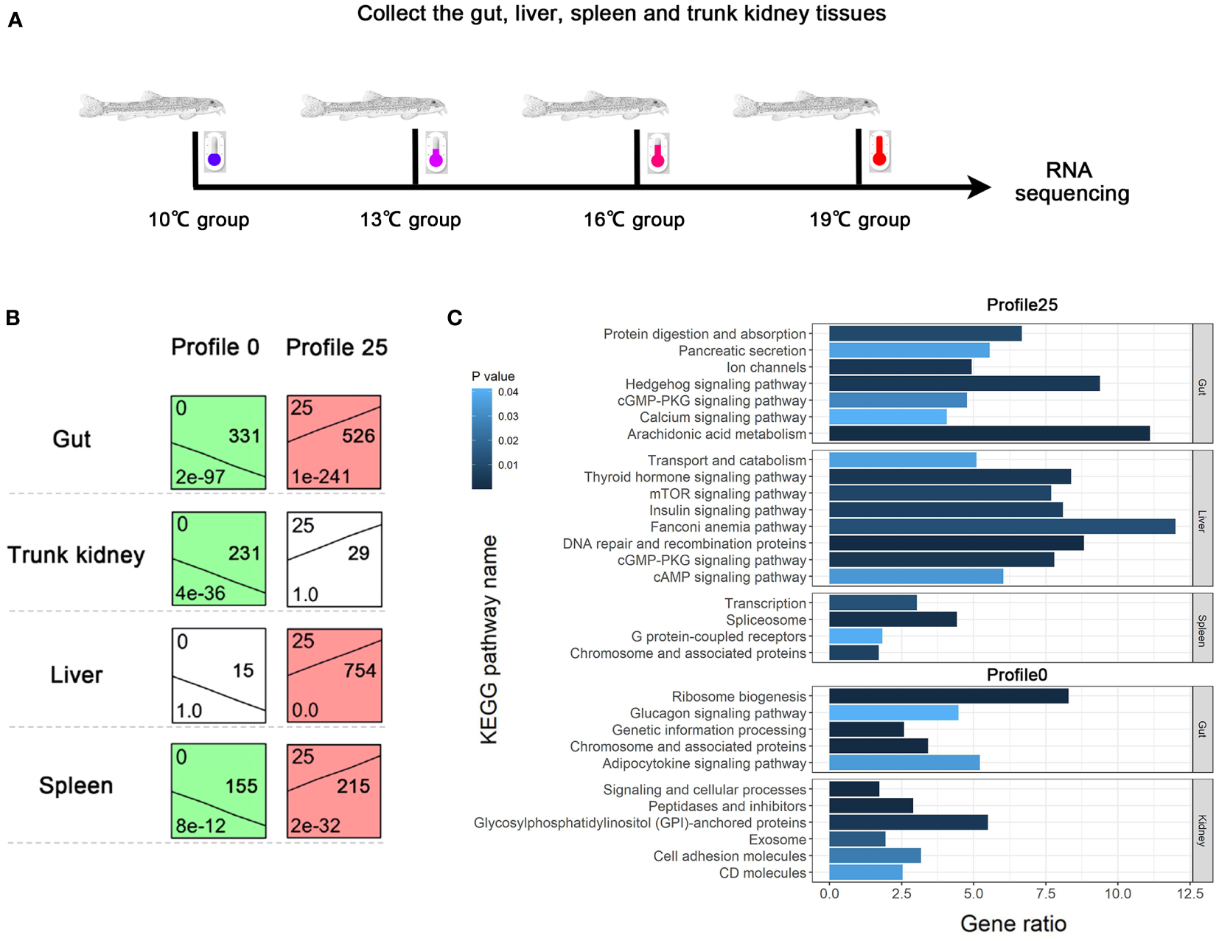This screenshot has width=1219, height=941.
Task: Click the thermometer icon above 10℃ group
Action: coord(214,152)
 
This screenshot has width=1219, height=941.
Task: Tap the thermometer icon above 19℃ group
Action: coord(879,151)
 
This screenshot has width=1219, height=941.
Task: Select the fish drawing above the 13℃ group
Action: coord(373,106)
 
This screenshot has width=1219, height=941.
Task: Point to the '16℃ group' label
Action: coord(634,220)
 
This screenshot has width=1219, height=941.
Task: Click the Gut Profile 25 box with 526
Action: coord(334,442)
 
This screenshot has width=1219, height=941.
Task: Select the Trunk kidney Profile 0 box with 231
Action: coord(218,558)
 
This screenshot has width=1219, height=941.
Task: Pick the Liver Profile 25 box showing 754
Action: coord(335,675)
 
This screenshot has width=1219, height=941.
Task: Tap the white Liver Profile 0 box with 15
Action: coord(218,675)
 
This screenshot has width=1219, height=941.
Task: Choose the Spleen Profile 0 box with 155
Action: coord(218,791)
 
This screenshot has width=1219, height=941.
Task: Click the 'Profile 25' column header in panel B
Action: coord(336,347)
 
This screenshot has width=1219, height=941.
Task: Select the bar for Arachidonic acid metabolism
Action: coord(988,434)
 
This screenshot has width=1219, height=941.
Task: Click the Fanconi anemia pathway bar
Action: coord(1002,527)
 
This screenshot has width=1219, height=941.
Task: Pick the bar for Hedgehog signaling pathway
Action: coord(964,383)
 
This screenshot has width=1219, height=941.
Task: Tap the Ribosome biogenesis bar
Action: coord(948,695)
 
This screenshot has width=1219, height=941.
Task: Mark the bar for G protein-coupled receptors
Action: coord(855,636)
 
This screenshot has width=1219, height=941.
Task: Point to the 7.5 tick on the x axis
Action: coord(1045,894)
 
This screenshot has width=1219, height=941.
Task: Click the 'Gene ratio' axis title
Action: coord(1013,923)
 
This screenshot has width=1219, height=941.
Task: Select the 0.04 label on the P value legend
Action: coord(508,392)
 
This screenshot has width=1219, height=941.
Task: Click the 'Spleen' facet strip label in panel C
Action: coord(1202,628)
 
